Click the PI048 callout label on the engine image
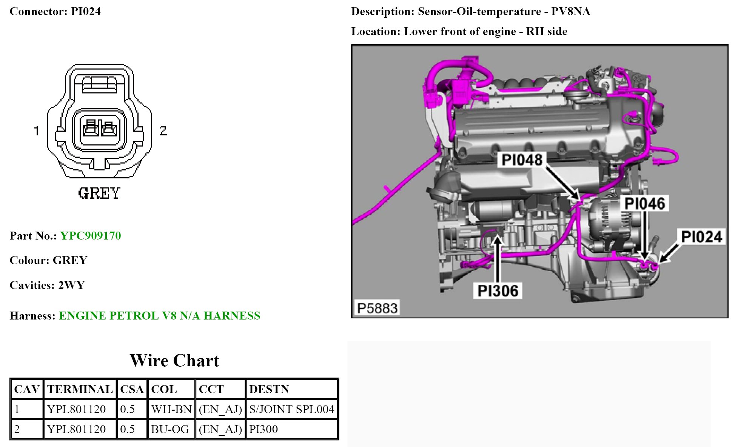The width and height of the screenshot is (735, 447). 522,160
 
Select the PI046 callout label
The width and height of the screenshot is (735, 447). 644,203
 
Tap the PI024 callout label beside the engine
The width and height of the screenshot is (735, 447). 701,237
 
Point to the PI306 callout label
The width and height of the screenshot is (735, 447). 498,290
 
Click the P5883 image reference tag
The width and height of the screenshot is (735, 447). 377,308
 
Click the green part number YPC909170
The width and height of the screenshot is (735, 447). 91,236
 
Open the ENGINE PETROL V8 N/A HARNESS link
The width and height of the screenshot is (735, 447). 160,315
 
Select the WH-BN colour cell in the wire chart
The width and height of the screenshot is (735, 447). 171,409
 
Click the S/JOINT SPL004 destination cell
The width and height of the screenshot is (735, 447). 291,409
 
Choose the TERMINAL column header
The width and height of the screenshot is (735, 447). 80,389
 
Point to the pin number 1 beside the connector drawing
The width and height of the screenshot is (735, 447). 37,131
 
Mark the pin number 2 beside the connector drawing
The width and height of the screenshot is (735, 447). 163,131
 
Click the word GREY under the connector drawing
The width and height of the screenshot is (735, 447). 99,193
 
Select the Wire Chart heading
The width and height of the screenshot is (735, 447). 174,360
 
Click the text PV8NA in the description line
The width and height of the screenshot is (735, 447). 570,11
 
